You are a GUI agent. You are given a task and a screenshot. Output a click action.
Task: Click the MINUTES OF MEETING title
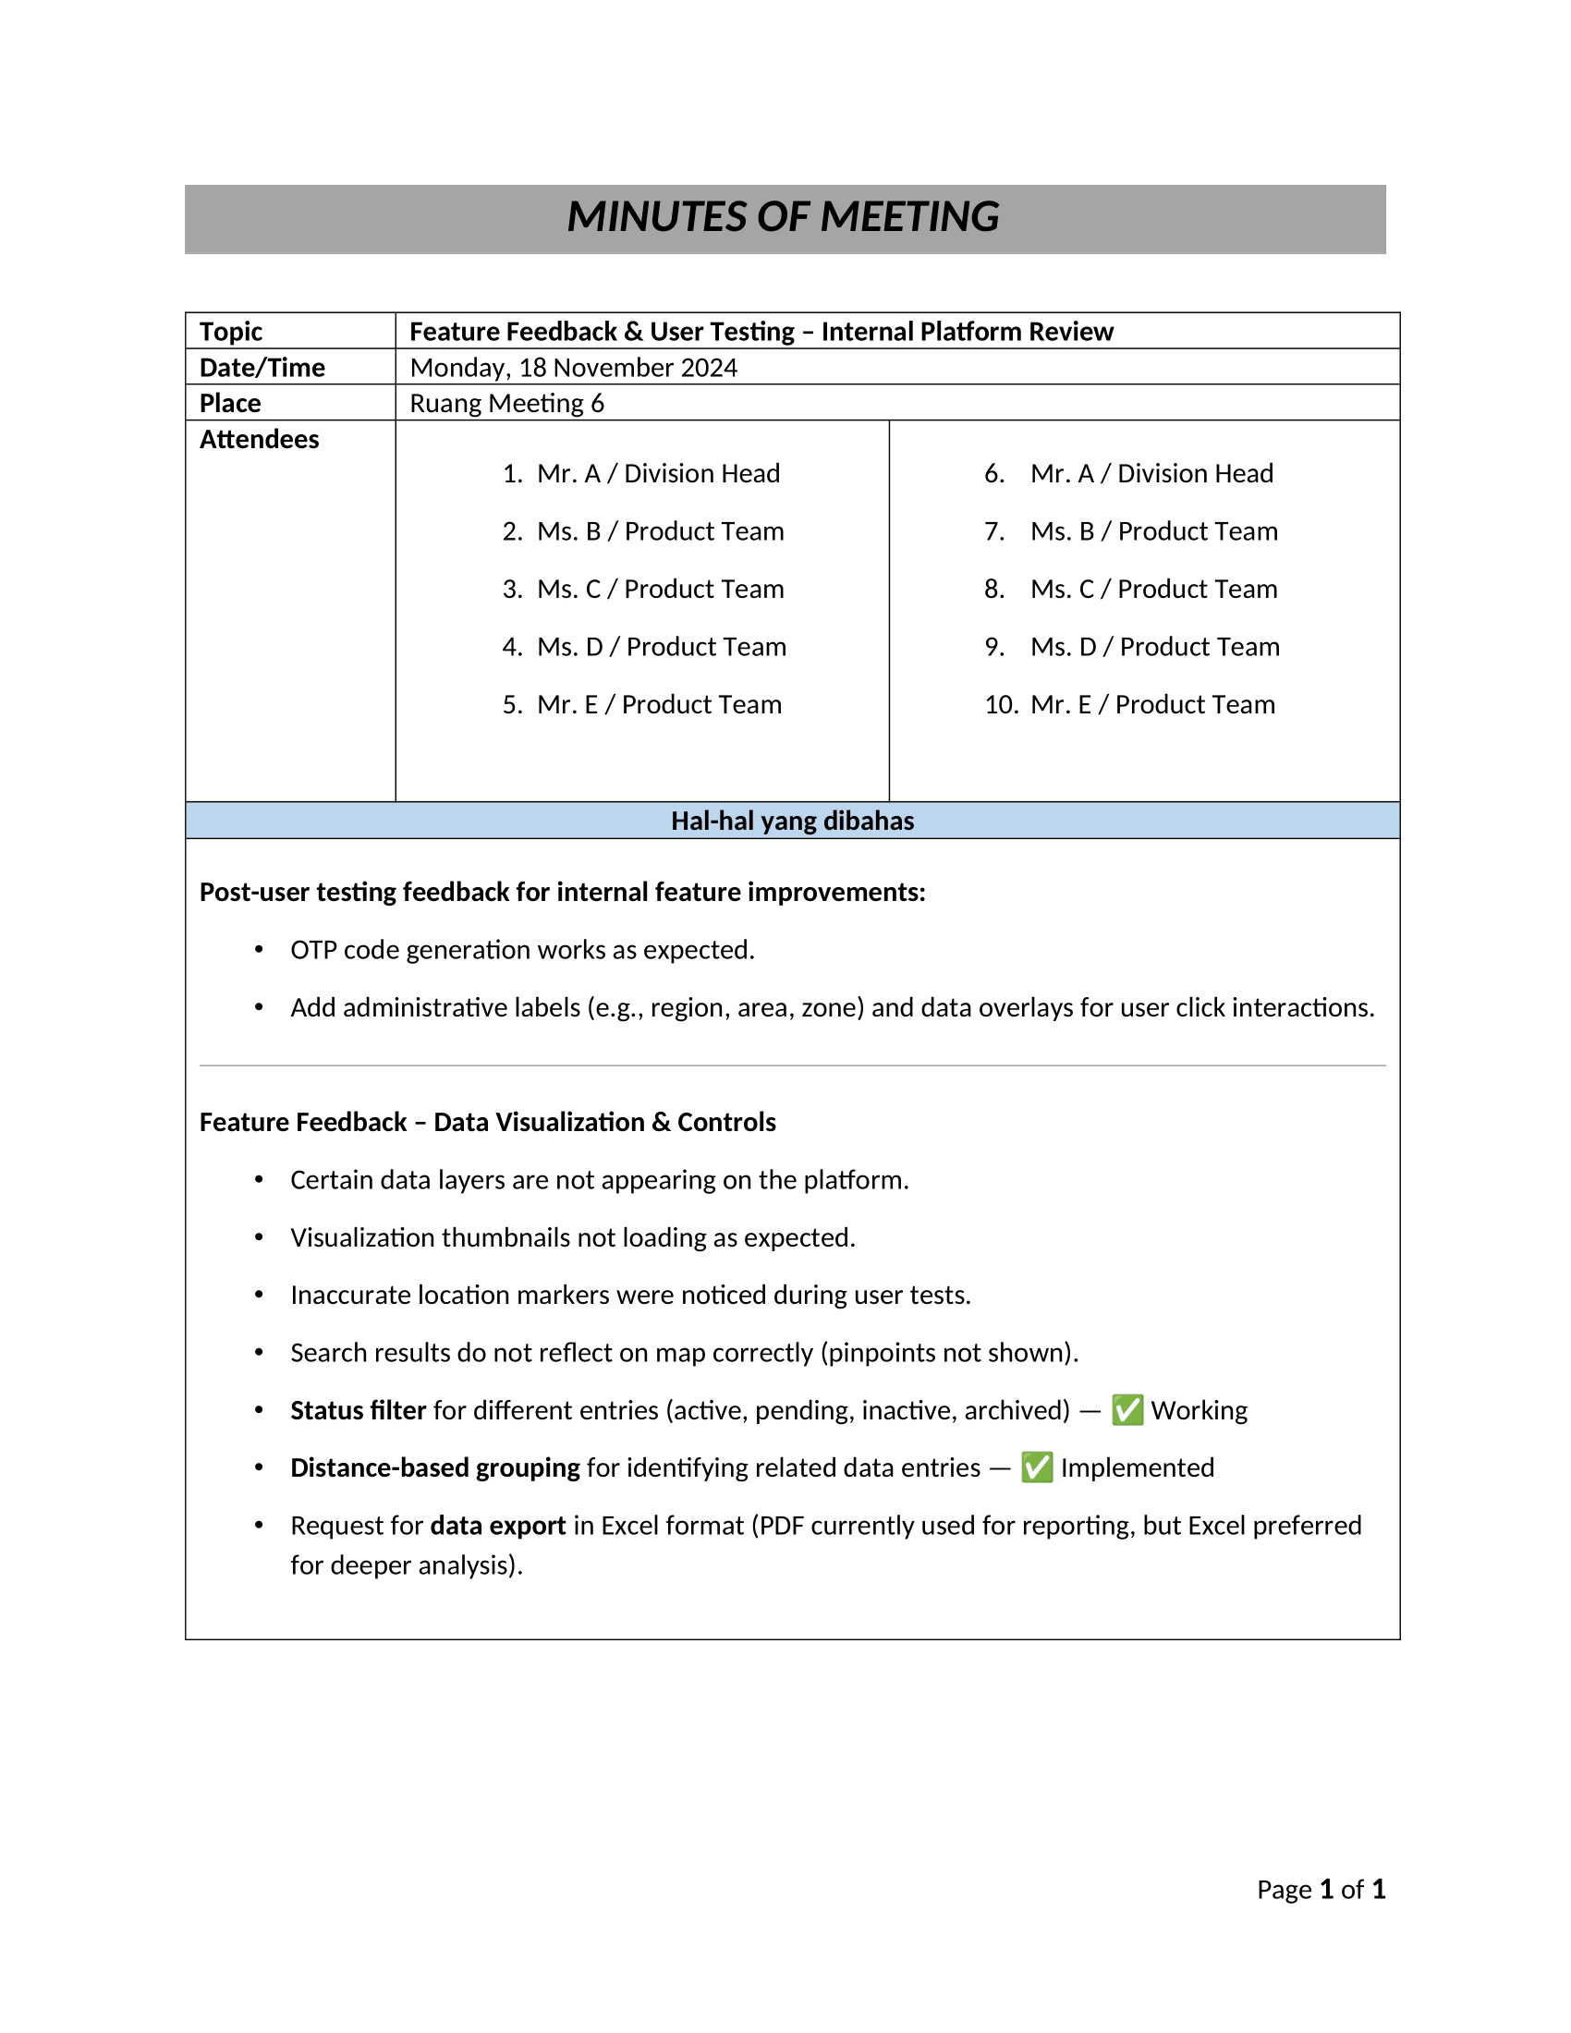coord(783,217)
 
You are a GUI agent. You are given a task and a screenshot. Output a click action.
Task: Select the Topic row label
coord(231,332)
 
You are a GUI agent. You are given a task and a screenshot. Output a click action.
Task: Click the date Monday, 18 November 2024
coord(573,368)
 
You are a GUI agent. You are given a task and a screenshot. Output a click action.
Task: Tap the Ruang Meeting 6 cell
coord(507,403)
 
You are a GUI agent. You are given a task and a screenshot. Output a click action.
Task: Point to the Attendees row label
coord(259,439)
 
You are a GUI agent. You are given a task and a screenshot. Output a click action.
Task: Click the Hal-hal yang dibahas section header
coord(792,821)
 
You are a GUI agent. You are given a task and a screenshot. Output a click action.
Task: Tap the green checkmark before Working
coord(1127,1410)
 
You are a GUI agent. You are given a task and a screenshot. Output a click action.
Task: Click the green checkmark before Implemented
coord(1037,1468)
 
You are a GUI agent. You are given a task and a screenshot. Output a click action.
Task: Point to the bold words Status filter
coord(359,1410)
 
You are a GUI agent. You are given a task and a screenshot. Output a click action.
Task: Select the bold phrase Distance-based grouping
coord(435,1468)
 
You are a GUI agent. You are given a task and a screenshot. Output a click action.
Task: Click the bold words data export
coord(498,1526)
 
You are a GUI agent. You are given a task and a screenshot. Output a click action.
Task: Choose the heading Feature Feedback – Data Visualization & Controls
coord(488,1123)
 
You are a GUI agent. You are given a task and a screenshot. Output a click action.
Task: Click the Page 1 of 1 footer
coord(1321,1889)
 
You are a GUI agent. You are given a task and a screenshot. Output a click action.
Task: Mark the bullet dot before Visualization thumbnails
coord(259,1237)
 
